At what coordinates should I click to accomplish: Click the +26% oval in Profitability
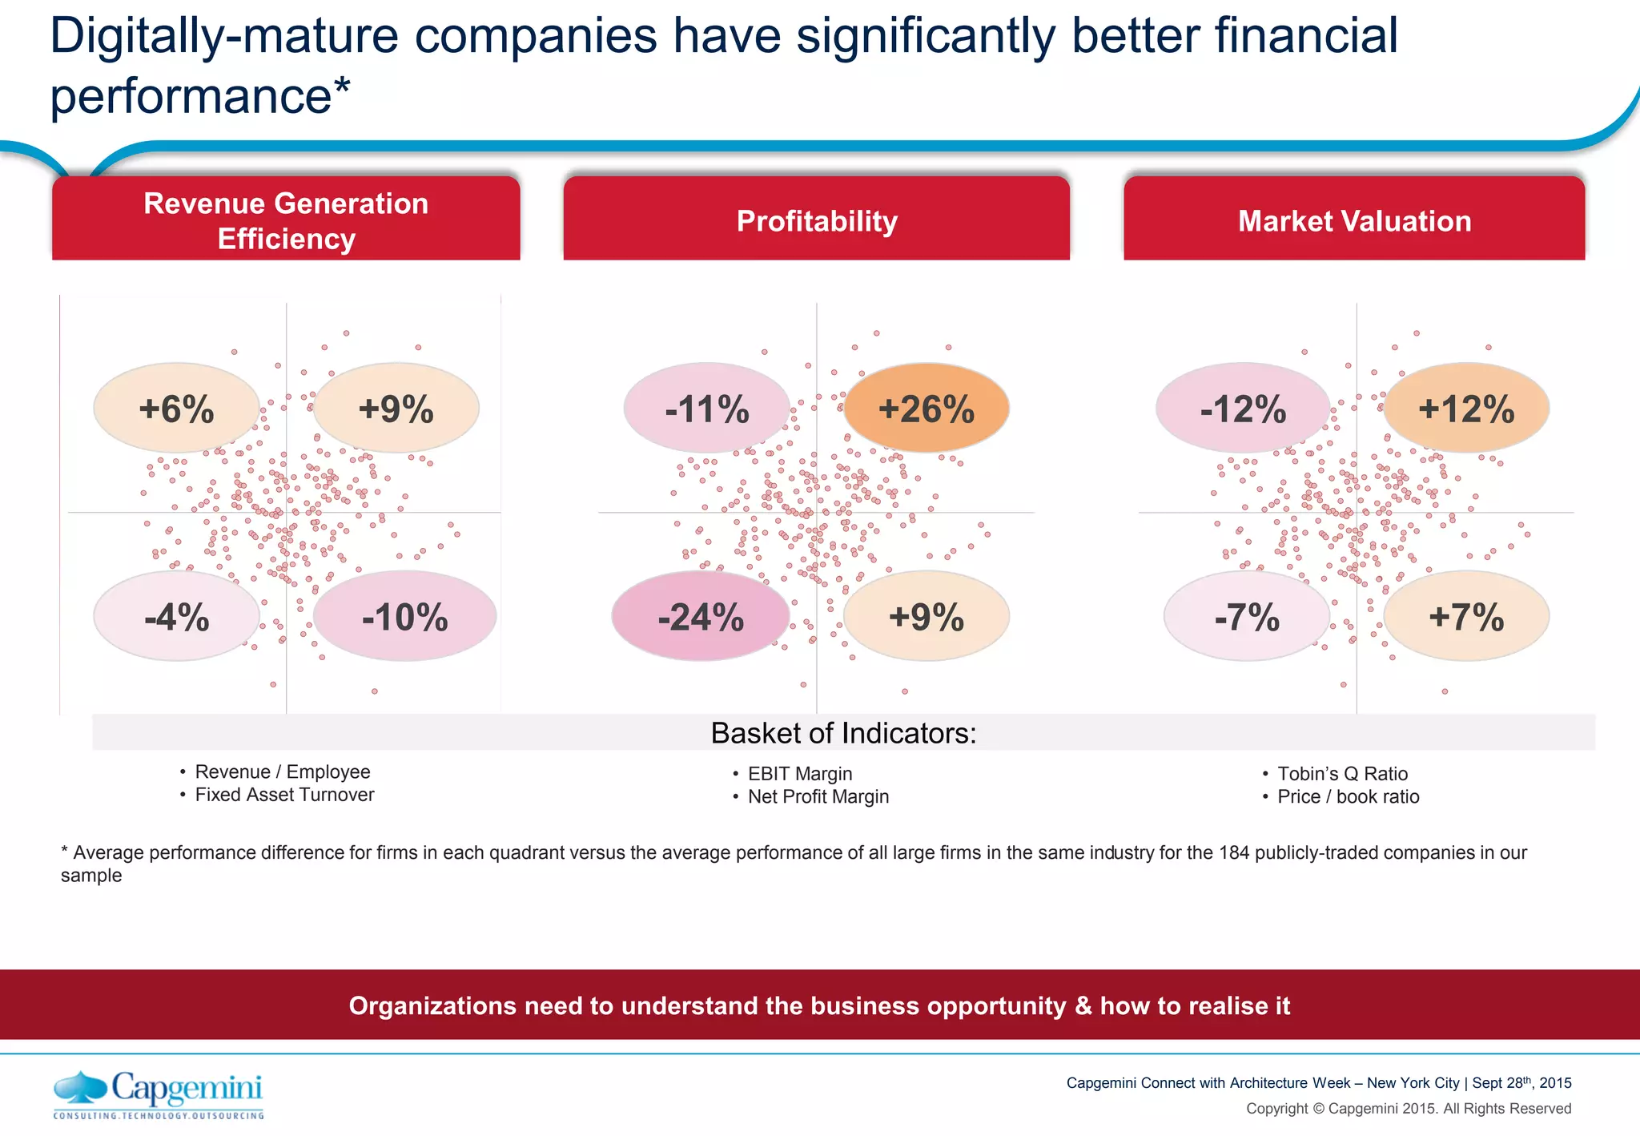tap(927, 409)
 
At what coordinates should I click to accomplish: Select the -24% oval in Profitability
tap(701, 617)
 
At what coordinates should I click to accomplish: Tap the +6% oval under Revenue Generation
tap(176, 409)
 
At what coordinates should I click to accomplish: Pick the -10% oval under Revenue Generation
tap(404, 617)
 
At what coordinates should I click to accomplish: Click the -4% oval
tap(176, 617)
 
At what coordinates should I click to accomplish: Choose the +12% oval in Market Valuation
tap(1466, 409)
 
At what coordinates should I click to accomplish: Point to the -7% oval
tap(1247, 617)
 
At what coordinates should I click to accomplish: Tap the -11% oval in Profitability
tap(707, 409)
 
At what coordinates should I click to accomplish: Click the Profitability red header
tap(817, 220)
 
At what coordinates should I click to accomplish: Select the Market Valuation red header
tap(1354, 220)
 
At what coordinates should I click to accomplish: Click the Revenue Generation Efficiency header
tap(286, 220)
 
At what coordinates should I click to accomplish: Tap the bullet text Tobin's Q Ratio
tap(1342, 774)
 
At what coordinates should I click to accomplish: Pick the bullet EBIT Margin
tap(800, 774)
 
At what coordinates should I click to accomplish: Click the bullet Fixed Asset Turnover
tap(284, 795)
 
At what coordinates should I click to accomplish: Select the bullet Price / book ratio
tap(1348, 797)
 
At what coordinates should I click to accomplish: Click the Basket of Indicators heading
tap(843, 733)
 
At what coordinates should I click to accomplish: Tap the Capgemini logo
tap(159, 1094)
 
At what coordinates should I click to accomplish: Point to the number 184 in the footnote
tap(1234, 852)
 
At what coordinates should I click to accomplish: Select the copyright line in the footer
tap(1408, 1109)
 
